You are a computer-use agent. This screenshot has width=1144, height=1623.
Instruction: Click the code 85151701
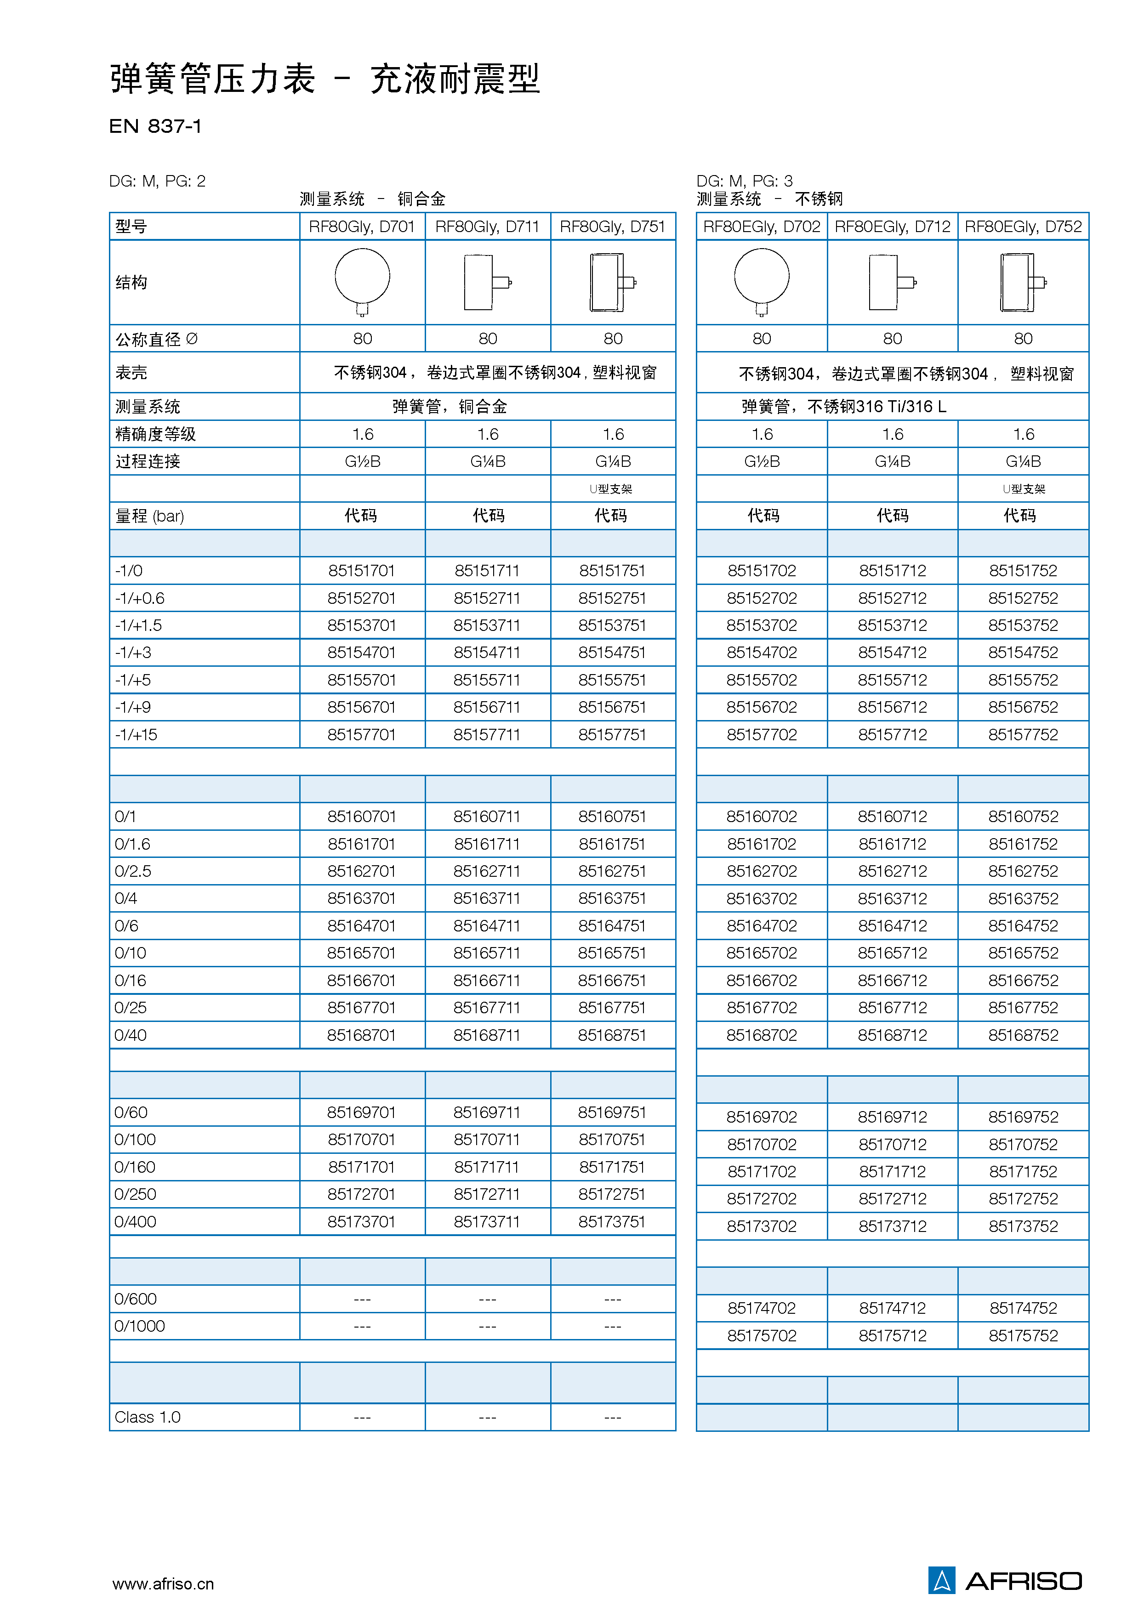tap(361, 570)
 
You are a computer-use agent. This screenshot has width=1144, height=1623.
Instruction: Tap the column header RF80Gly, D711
tap(487, 226)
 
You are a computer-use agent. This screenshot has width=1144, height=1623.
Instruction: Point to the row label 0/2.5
tap(133, 871)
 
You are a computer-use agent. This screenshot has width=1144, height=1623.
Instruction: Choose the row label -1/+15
tap(137, 734)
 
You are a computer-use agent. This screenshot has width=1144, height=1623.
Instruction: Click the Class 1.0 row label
tap(148, 1417)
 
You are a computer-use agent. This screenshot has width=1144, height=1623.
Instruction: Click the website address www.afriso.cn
tap(163, 1583)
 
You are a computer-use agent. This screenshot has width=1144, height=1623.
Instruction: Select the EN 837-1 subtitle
tap(155, 126)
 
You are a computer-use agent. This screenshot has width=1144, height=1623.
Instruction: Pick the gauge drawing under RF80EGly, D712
tap(892, 282)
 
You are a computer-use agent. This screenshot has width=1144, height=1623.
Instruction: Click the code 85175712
tap(892, 1335)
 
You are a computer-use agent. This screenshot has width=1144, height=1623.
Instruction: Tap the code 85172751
tap(612, 1194)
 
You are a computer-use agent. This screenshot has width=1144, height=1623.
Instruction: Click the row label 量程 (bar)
tap(150, 516)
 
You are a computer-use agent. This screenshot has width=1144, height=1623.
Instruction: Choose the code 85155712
tap(892, 680)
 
